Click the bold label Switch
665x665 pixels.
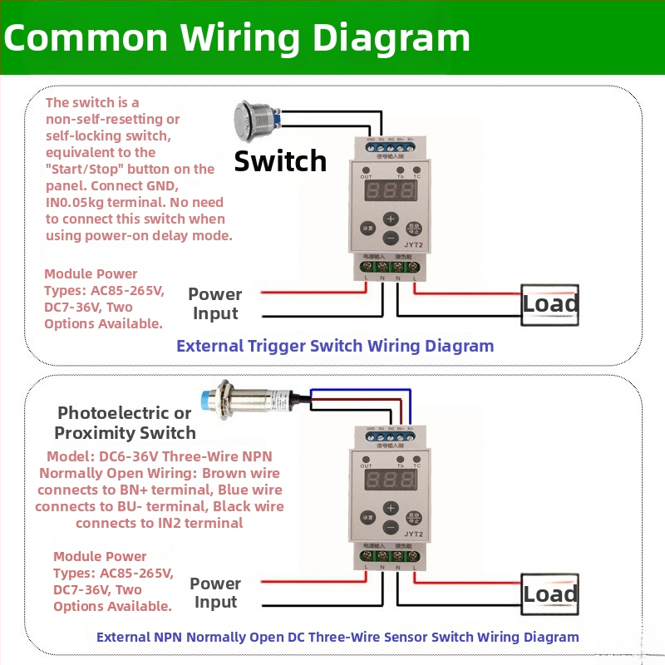(x=280, y=160)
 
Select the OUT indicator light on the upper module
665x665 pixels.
(x=367, y=169)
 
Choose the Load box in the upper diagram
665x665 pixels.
(x=549, y=305)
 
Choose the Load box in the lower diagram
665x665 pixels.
(x=549, y=594)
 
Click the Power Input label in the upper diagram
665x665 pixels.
(x=215, y=303)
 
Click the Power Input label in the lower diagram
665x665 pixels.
(x=215, y=593)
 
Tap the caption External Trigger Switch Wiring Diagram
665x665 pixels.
(x=335, y=346)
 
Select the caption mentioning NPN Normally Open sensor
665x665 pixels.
(x=337, y=638)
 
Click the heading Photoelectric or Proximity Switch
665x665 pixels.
(x=125, y=423)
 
